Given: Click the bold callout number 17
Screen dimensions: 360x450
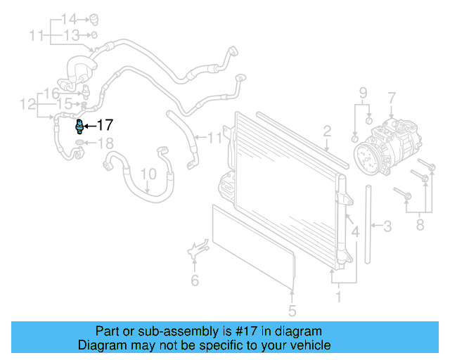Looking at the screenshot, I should point(104,126).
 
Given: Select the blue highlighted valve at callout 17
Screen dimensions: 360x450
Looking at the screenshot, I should point(79,126).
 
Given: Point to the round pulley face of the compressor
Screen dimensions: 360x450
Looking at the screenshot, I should point(369,157).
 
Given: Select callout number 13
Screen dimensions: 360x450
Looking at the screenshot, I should point(72,34).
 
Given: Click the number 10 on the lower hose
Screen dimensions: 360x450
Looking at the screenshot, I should point(148,174).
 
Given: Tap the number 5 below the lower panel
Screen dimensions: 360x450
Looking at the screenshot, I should point(292,310).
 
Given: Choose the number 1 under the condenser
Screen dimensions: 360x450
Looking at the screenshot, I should point(338,297).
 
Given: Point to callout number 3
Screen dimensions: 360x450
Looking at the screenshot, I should point(387,226).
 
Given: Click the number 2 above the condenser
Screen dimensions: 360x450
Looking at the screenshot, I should point(328,130).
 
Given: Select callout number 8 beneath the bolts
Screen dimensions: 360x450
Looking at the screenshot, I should point(420,226).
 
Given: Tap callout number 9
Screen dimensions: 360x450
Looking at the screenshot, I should point(363,92).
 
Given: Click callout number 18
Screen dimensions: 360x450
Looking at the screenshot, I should point(104,144).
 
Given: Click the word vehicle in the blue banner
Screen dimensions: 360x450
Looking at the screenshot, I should point(305,345).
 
